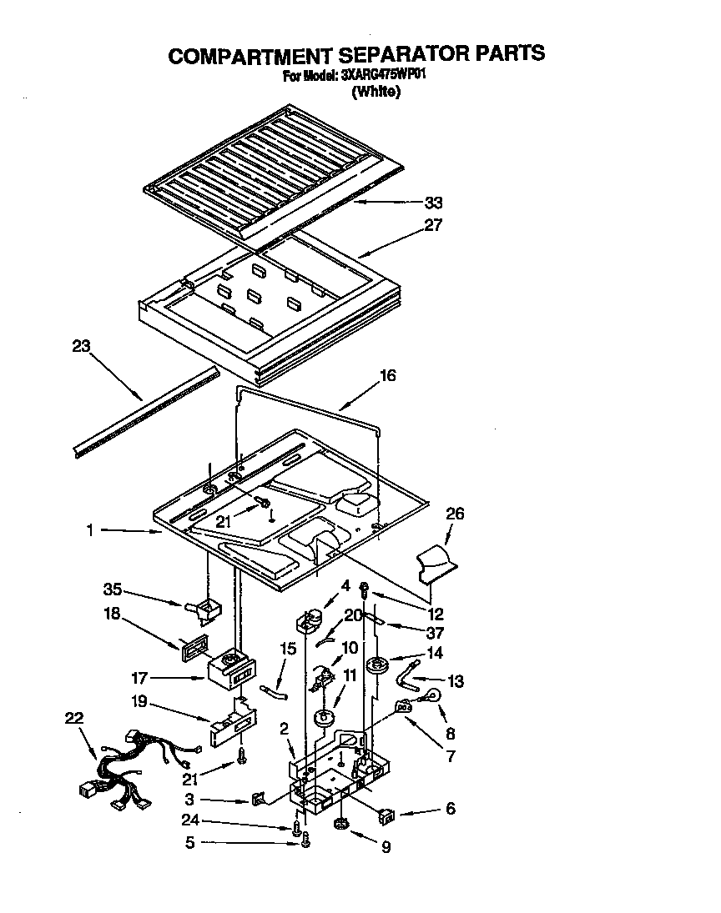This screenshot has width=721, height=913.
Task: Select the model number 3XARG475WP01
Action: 384,75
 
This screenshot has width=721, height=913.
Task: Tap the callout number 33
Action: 433,203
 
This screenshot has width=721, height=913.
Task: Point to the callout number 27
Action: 433,225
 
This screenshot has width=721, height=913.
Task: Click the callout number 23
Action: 81,347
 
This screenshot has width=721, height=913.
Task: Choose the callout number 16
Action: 387,376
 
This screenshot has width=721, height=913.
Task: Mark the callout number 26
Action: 454,514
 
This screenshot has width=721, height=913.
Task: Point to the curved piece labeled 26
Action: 436,563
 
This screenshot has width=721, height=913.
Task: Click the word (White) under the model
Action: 376,93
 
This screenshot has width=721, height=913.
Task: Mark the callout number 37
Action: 434,632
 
